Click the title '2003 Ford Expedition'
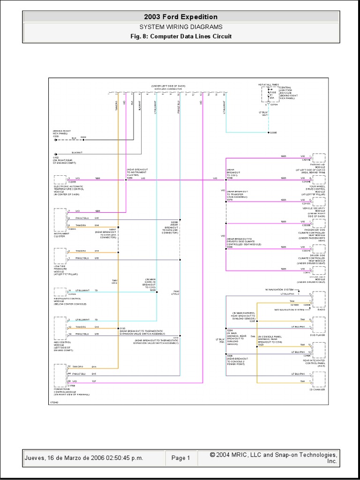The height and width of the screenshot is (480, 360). click(x=180, y=17)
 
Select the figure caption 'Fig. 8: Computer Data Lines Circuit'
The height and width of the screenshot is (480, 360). click(x=180, y=36)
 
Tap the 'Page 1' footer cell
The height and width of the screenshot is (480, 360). click(x=180, y=458)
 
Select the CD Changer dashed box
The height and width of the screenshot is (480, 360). click(x=319, y=378)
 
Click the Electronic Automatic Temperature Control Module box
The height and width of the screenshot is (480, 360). click(x=60, y=180)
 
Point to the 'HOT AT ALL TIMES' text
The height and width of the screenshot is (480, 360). click(x=268, y=84)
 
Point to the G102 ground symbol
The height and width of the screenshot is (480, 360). click(x=56, y=154)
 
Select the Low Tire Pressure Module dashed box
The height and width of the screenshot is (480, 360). click(x=60, y=255)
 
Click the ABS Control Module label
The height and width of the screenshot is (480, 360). click(x=66, y=344)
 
